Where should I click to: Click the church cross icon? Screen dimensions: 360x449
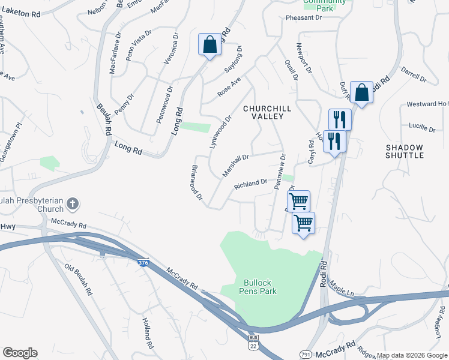[72, 204]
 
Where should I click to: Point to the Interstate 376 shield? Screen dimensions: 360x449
[142, 263]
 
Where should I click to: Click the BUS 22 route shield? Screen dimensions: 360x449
[254, 344]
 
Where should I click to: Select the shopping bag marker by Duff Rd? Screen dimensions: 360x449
[361, 92]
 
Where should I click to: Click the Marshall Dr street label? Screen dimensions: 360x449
[236, 164]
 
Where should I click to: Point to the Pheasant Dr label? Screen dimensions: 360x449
[304, 18]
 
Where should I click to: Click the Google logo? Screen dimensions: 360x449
[20, 353]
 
